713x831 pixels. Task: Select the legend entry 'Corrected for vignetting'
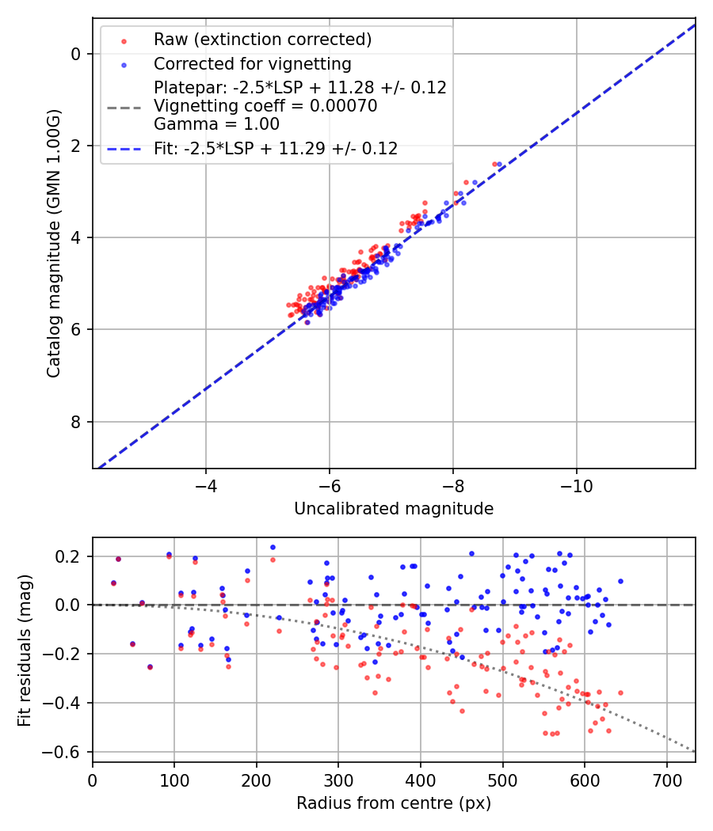point(252,63)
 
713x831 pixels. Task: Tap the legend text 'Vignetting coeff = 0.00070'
point(265,106)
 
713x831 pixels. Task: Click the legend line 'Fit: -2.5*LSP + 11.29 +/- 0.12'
point(275,148)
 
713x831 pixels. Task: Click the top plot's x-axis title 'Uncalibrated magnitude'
point(394,509)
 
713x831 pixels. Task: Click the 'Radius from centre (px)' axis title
point(394,803)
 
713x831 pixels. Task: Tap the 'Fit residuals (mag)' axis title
point(25,650)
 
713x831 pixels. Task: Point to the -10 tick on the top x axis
point(576,484)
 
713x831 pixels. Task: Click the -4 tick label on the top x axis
point(206,484)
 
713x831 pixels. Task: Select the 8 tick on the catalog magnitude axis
point(77,422)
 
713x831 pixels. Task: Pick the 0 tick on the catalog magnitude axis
point(77,54)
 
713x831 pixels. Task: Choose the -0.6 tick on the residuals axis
point(67,752)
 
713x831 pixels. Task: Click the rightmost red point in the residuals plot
point(620,692)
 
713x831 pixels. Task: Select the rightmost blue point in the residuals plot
point(620,581)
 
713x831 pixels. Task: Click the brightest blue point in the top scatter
point(499,164)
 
